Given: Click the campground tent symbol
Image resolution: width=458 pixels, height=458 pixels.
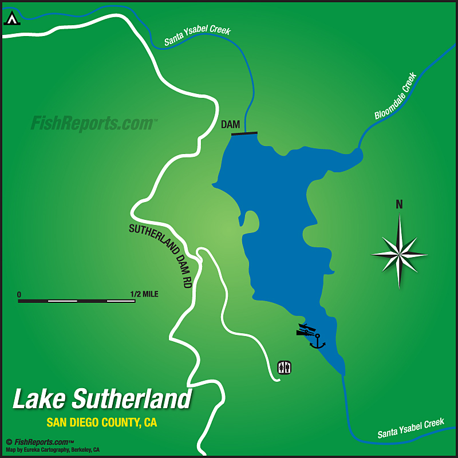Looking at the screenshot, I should click(x=11, y=18).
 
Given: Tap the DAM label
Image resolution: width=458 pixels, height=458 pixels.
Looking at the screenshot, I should click(x=230, y=124).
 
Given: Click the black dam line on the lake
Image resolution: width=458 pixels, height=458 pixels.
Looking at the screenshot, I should click(x=244, y=134).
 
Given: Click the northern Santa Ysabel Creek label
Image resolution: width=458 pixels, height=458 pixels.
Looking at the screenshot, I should click(x=197, y=35).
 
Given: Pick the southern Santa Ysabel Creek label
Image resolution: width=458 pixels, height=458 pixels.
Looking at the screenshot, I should click(x=410, y=428).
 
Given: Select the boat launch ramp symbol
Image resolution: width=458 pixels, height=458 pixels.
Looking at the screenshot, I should click(x=306, y=330).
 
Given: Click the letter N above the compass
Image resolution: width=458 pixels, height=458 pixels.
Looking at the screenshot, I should click(x=399, y=204).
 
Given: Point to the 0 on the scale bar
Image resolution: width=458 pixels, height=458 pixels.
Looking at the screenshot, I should click(x=19, y=294).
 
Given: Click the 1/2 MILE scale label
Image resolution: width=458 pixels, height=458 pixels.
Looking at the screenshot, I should click(x=144, y=294).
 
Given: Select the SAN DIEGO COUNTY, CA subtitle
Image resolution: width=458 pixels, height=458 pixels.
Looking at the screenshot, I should click(x=102, y=423).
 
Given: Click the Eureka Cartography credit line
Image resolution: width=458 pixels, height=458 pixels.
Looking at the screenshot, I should click(x=53, y=449).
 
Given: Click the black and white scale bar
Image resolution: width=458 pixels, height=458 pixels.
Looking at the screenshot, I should click(x=77, y=301).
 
